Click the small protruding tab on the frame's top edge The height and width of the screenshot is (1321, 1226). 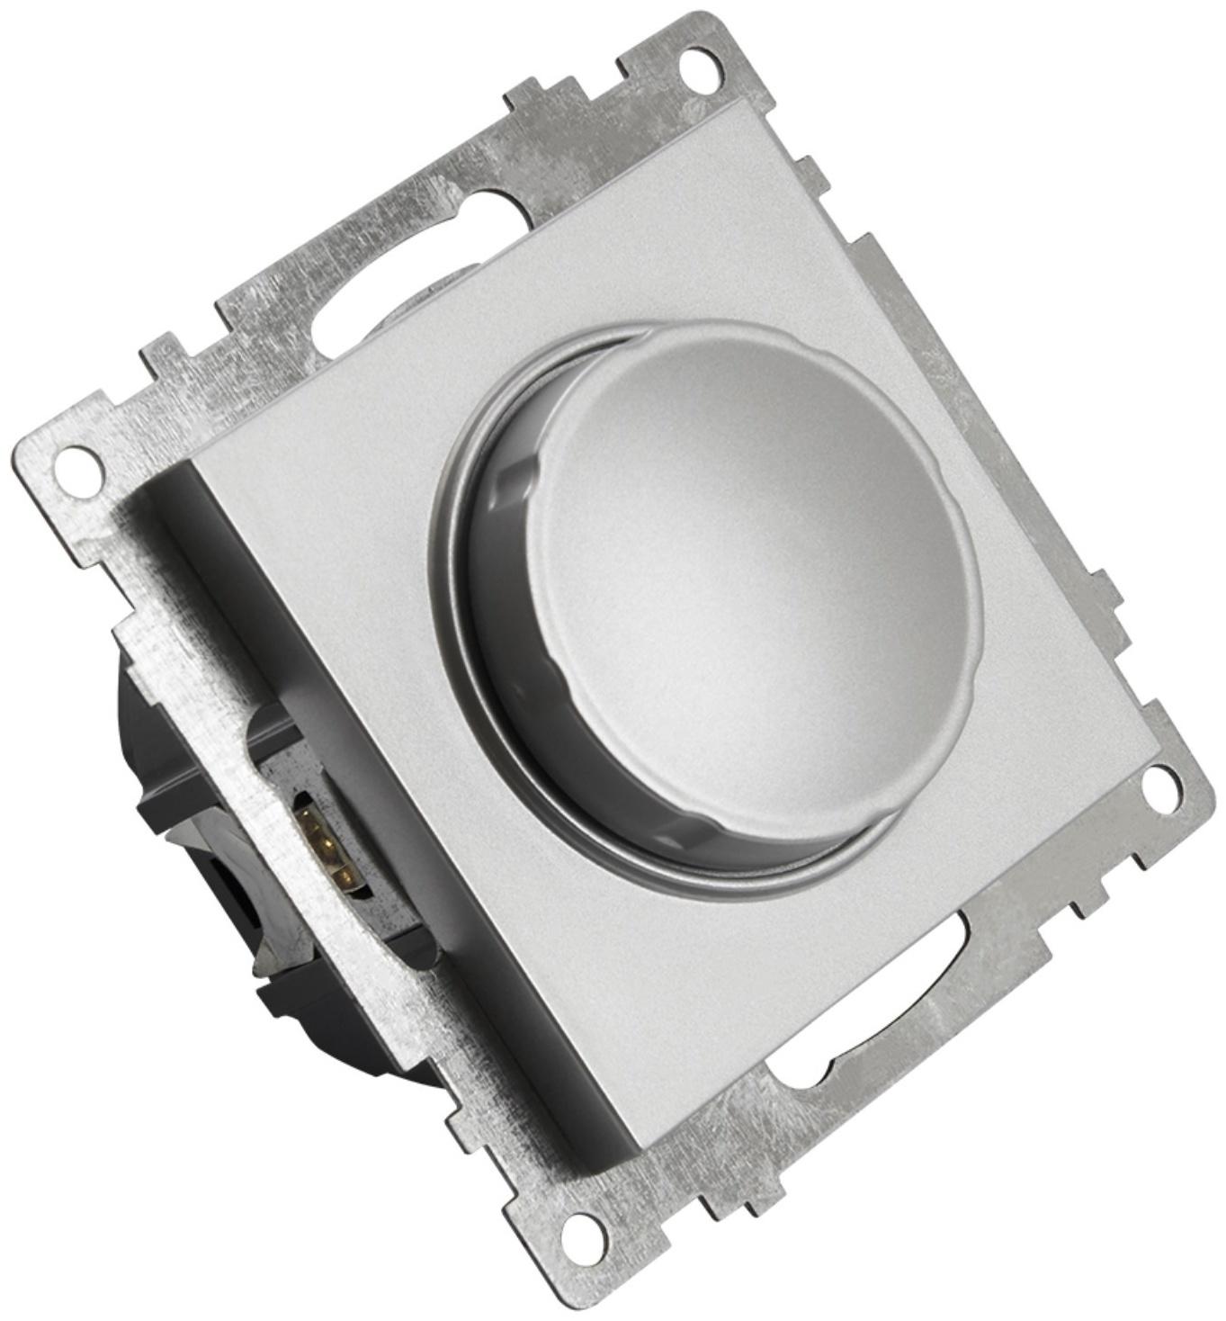[526, 94]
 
